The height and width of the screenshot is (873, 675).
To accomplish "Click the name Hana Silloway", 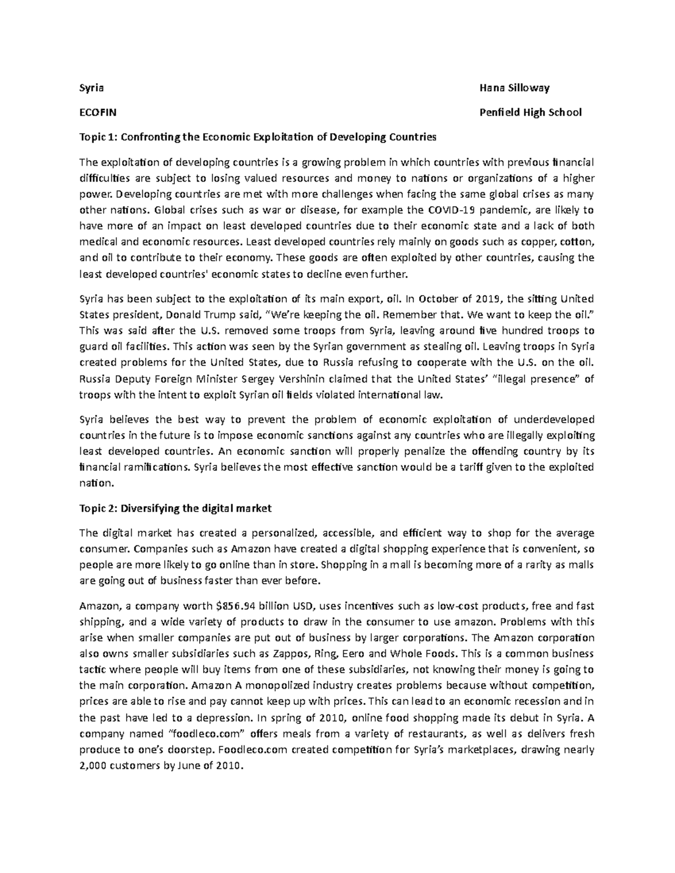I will [514, 88].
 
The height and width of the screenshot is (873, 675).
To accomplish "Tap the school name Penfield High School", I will [530, 112].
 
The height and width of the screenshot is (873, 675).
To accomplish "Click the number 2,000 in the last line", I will [94, 766].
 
